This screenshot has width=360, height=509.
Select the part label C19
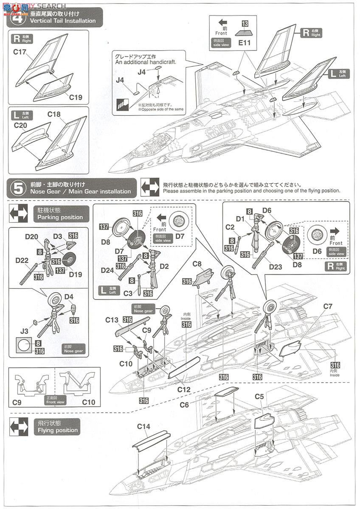click(x=75, y=97)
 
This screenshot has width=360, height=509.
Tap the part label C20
click(x=20, y=125)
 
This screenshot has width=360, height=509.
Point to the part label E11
click(x=245, y=43)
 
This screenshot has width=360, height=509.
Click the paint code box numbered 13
click(x=245, y=23)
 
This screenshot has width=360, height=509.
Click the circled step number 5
click(x=18, y=188)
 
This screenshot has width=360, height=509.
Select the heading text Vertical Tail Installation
click(x=62, y=21)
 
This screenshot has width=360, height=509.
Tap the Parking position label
click(x=60, y=217)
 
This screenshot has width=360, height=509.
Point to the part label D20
click(x=31, y=236)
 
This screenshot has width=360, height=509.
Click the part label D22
click(x=22, y=260)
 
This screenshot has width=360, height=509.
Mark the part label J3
click(x=24, y=330)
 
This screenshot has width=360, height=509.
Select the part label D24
click(x=107, y=270)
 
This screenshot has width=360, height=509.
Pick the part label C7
click(x=327, y=306)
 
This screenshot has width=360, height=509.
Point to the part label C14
click(x=143, y=427)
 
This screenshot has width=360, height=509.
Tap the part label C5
click(x=259, y=397)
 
